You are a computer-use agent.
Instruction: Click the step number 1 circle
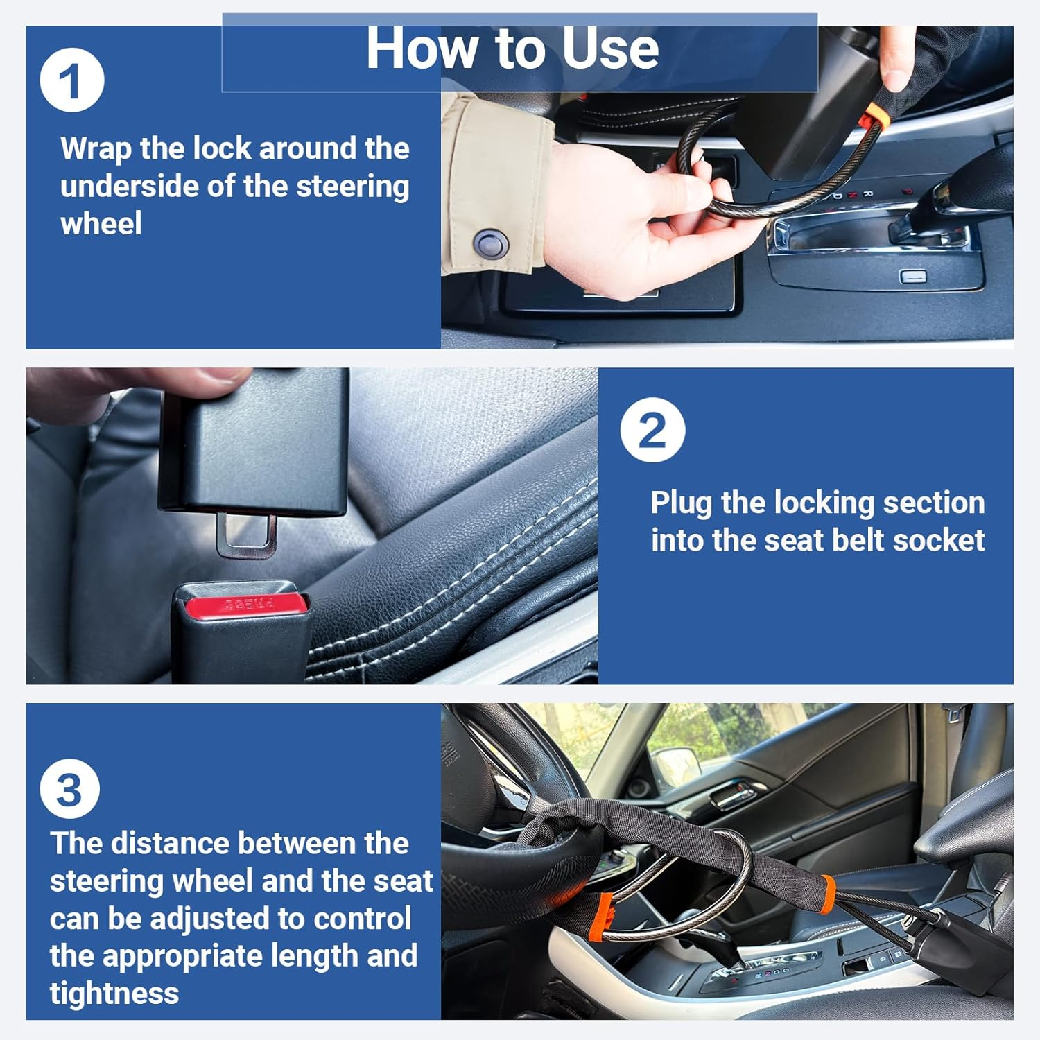coord(72,80)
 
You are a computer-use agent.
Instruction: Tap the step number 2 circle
coord(652,430)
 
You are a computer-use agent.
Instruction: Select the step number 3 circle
coord(69,789)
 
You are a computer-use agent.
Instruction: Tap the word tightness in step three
coord(114,994)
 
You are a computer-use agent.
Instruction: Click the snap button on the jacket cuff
coord(491,243)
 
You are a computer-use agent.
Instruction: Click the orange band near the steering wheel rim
coord(601,916)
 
